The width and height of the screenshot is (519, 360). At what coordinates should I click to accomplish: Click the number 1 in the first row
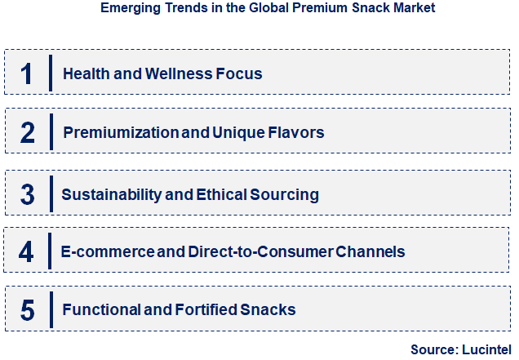tap(27, 73)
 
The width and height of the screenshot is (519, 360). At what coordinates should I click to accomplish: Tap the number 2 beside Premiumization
tap(27, 133)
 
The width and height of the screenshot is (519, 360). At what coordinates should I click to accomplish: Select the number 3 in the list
tap(27, 194)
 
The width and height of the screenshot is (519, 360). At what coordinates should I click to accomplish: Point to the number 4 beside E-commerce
tap(27, 251)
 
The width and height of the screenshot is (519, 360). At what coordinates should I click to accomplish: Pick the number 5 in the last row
tap(27, 310)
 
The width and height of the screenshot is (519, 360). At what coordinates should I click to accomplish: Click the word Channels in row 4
tap(370, 251)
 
